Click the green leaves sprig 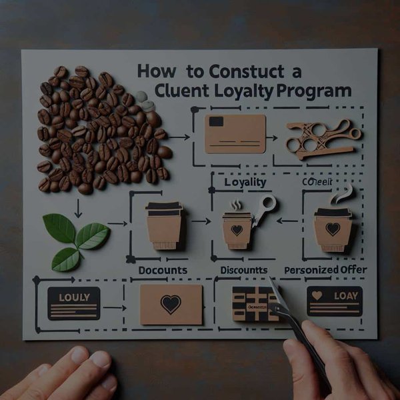point(75,237)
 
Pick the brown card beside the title point(235,133)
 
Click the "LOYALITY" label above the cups point(245,182)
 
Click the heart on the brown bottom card point(171,305)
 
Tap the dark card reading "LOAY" point(333,301)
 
